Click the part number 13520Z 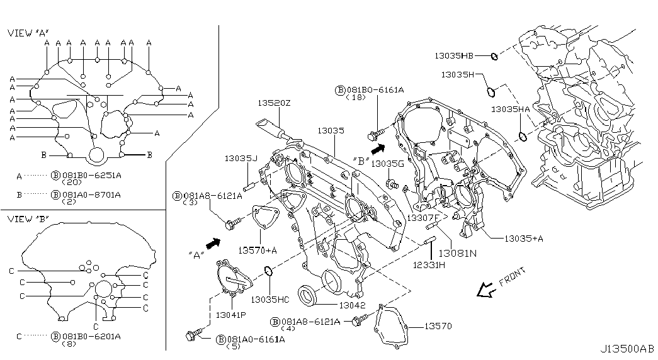(274, 103)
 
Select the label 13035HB (453, 55)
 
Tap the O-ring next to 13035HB (494, 56)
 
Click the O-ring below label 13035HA (522, 137)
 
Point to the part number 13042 (352, 305)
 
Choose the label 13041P (231, 315)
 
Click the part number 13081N (457, 254)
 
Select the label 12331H (428, 265)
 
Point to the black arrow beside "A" (213, 244)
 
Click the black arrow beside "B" (378, 149)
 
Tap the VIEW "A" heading (28, 33)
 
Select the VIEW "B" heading (28, 218)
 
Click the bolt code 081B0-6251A (91, 175)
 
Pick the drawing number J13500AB (627, 349)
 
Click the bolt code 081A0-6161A (256, 339)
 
